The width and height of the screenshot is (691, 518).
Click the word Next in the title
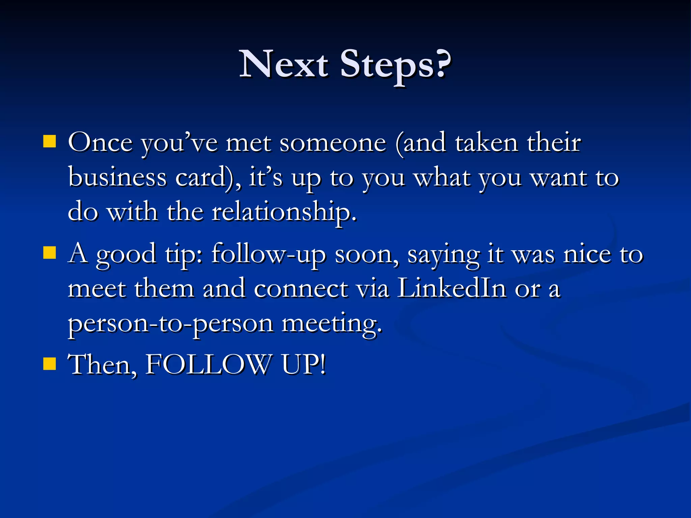[283, 64]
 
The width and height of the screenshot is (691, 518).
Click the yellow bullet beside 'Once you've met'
[50, 142]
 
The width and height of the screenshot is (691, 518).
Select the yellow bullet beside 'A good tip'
[50, 252]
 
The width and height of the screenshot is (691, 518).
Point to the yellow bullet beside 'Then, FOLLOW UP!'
[50, 364]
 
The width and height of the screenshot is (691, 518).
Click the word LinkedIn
[451, 288]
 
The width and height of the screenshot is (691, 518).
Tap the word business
[117, 177]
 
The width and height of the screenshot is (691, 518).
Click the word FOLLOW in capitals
[208, 364]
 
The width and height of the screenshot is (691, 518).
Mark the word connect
[301, 289]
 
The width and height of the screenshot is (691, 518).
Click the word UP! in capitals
[304, 364]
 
